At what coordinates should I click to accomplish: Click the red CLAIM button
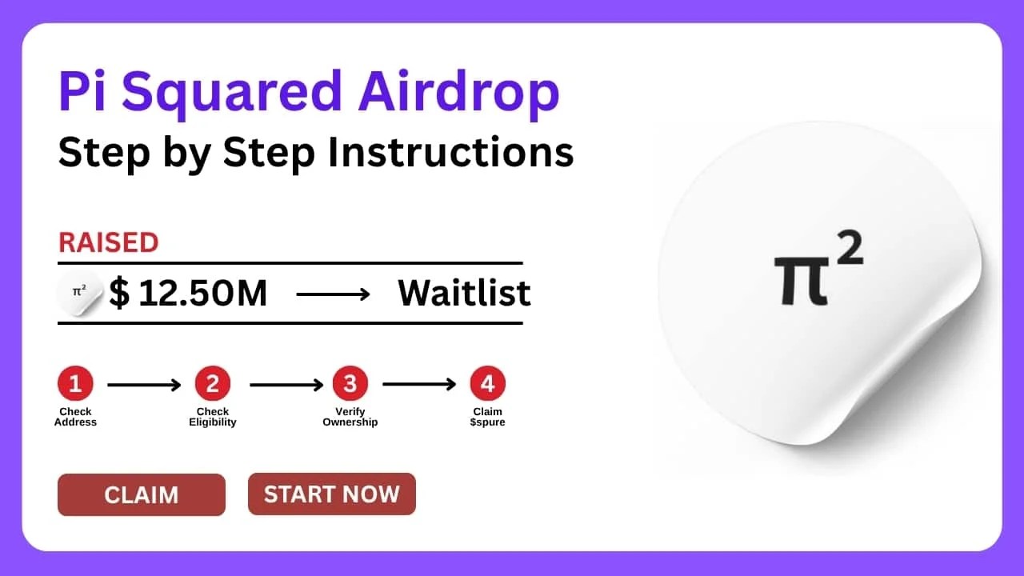click(x=142, y=494)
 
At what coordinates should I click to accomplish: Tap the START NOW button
click(x=331, y=494)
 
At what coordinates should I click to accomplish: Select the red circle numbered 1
click(x=75, y=385)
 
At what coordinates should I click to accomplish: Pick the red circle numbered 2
click(x=213, y=385)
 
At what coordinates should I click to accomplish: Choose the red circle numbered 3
click(x=350, y=385)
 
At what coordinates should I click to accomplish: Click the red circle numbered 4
click(x=487, y=385)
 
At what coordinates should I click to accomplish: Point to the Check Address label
click(x=75, y=417)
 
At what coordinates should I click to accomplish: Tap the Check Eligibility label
click(x=213, y=417)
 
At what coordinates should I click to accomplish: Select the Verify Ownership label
click(x=350, y=417)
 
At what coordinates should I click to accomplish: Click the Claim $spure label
click(x=487, y=417)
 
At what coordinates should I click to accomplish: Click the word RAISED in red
click(x=108, y=242)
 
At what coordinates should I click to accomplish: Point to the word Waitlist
click(x=464, y=294)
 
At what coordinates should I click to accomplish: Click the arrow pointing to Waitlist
click(x=333, y=294)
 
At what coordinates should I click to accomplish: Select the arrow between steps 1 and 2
click(x=144, y=385)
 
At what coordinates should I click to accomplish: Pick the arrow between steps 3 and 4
click(x=418, y=385)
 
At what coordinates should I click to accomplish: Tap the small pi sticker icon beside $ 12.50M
click(x=80, y=294)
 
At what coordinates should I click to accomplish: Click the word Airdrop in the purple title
click(x=458, y=93)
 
